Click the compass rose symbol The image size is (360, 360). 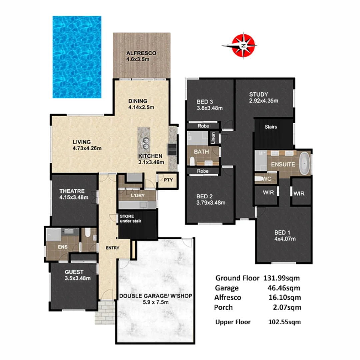tap(244, 45)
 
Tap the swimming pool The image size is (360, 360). tap(77, 57)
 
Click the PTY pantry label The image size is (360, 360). tap(168, 180)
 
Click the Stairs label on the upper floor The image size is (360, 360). tap(271, 127)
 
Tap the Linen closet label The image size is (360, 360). tap(213, 138)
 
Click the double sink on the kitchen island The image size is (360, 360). tap(146, 142)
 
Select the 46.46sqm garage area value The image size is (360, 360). tap(286, 288)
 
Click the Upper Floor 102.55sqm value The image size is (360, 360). tap(284, 322)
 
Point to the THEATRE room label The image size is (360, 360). tap(72, 191)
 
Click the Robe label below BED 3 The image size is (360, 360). tap(203, 126)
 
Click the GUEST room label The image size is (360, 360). tap(74, 272)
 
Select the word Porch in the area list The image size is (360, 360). tap(223, 307)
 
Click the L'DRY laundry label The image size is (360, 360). tap(138, 196)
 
